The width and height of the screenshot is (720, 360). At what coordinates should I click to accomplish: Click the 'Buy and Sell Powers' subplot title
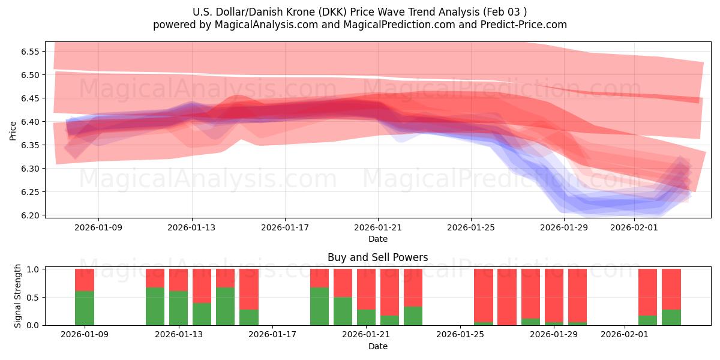coord(377,257)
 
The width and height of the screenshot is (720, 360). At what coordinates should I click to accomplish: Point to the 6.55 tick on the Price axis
coord(30,52)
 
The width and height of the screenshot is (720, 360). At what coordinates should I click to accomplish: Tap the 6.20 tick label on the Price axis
coord(30,215)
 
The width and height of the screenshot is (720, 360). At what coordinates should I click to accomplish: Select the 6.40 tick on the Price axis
coord(30,122)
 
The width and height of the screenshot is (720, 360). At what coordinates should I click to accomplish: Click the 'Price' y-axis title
coord(13,130)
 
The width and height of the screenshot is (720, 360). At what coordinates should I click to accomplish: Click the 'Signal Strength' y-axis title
coord(18,296)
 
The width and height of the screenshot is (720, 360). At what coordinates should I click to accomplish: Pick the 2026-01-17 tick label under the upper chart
coord(285,227)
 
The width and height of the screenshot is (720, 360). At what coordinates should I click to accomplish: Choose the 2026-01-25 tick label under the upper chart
coord(471,227)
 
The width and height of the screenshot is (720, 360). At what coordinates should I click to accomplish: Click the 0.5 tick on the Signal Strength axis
coord(34,297)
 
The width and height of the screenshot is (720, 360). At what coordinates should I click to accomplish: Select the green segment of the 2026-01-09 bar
coord(85,308)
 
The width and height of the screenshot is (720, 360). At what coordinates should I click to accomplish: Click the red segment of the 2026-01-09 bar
coord(85,280)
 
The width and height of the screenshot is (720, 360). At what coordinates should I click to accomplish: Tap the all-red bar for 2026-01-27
coord(507,297)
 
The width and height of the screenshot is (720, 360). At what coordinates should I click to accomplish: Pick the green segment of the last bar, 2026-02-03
coord(671,317)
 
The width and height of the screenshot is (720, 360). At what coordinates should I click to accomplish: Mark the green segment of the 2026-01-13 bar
coord(179,308)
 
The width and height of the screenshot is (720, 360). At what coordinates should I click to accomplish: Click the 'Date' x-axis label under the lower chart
coord(377,346)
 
